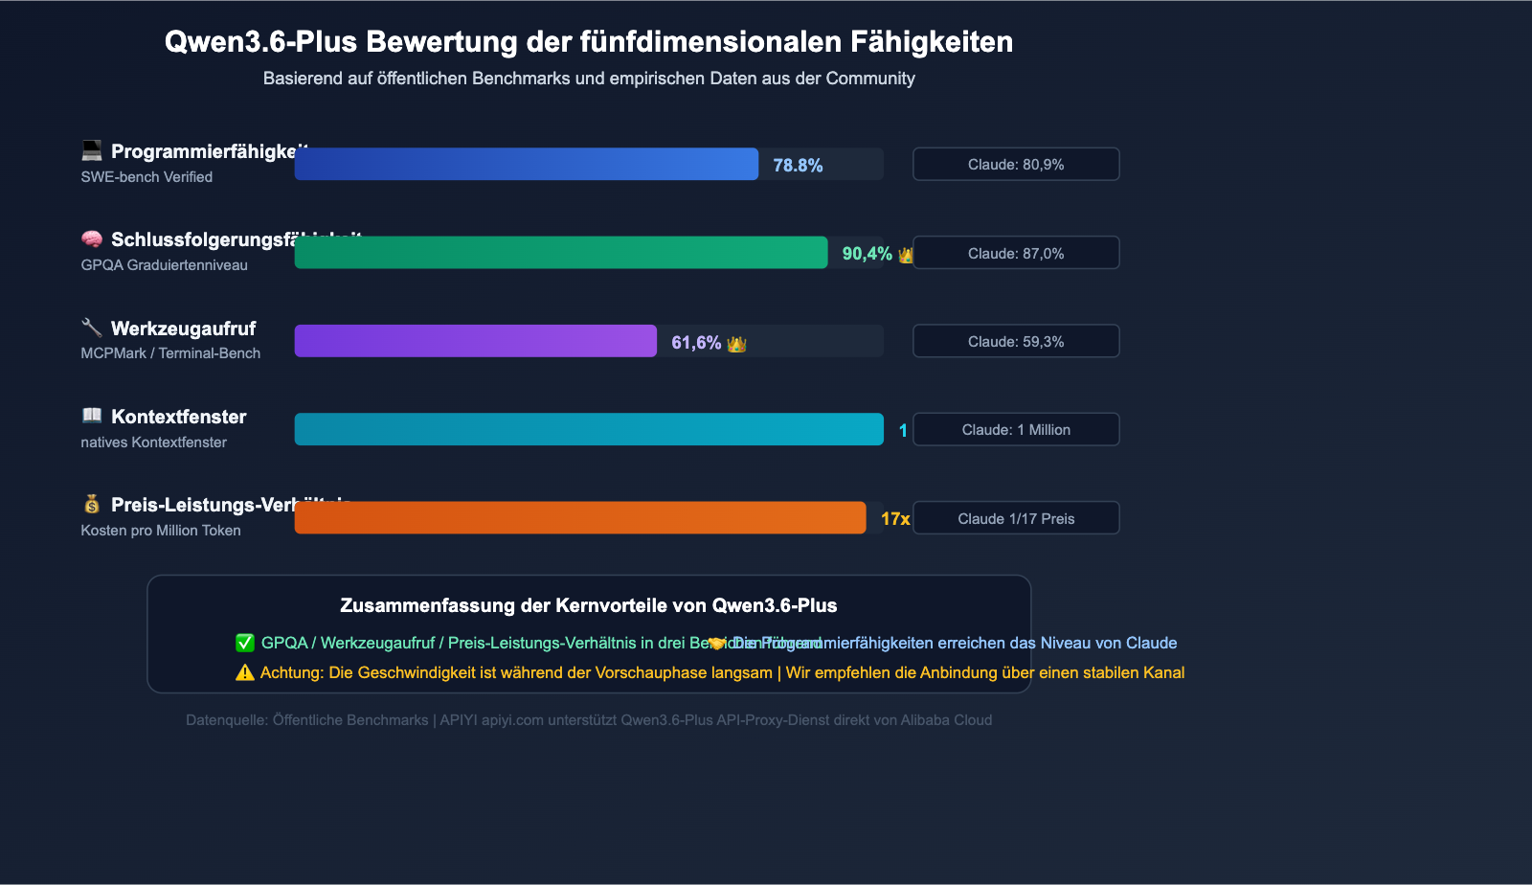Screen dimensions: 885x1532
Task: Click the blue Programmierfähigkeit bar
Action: click(526, 164)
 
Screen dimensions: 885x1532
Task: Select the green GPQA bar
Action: click(560, 253)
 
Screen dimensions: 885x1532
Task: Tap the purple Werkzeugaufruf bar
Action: click(475, 341)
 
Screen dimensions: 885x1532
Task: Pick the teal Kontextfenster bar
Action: click(588, 429)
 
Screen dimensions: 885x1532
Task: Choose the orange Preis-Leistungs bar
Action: click(579, 518)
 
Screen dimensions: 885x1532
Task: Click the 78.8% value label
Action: click(798, 165)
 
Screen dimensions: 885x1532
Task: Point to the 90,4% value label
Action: click(867, 254)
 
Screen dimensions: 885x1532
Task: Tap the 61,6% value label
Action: click(696, 343)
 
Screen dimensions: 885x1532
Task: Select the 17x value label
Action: click(895, 519)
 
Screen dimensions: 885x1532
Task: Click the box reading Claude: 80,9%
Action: click(1016, 164)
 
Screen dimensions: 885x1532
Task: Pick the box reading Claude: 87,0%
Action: click(1016, 253)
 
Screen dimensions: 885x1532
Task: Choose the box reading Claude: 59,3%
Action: click(1016, 341)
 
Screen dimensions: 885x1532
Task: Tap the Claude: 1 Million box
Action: click(1016, 429)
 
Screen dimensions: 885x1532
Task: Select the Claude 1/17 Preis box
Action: click(1016, 518)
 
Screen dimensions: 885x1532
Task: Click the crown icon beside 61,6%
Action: click(736, 343)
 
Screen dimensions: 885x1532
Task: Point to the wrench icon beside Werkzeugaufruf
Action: click(92, 328)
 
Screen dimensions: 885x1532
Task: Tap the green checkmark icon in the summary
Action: click(245, 643)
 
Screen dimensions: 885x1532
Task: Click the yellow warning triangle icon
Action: click(245, 672)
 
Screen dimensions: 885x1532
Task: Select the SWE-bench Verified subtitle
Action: click(146, 177)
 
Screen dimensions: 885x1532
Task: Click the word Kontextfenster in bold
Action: click(178, 417)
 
